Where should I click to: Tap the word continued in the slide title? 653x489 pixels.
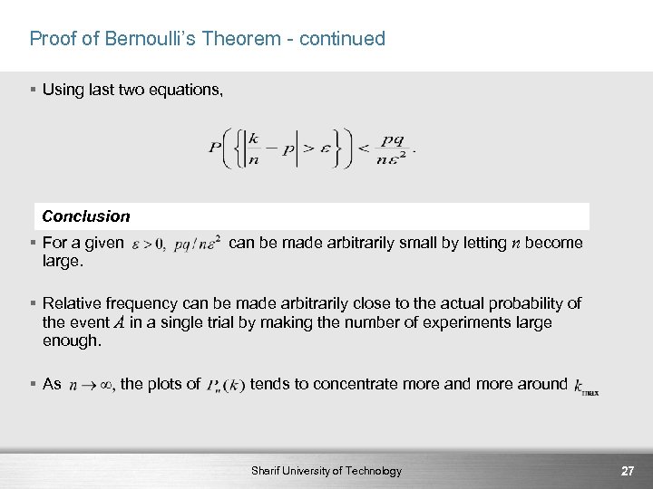[x=342, y=39]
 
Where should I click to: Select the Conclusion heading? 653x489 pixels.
[x=86, y=216]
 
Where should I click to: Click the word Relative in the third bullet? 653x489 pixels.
[x=72, y=303]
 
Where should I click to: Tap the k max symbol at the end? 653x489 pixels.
[x=586, y=388]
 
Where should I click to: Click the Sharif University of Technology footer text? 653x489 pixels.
[x=326, y=471]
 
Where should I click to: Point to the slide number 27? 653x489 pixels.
[x=627, y=471]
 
